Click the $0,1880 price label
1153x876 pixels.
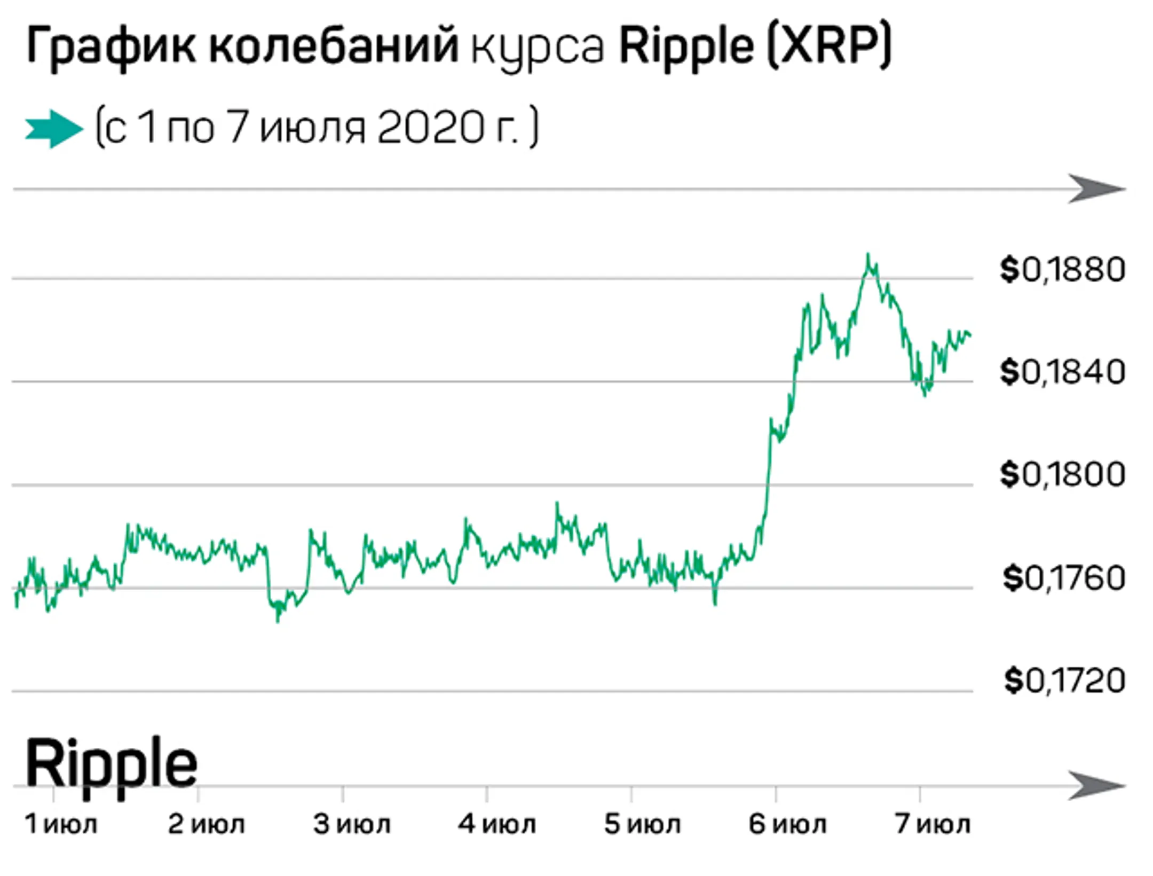coord(1062,270)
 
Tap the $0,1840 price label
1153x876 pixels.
coord(1062,372)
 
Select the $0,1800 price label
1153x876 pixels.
coord(1062,474)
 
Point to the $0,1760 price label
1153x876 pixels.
coord(1063,578)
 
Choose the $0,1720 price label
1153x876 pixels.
coord(1064,681)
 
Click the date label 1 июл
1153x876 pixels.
coord(61,824)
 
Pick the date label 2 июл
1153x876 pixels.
coord(206,824)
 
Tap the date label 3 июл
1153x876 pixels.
coord(351,824)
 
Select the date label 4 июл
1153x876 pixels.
coord(496,824)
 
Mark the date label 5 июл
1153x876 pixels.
coord(642,824)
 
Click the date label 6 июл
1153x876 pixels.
coord(787,824)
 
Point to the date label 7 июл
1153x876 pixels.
coord(933,824)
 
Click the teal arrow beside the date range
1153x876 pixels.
coord(53,129)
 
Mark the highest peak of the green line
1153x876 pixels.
coord(868,255)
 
